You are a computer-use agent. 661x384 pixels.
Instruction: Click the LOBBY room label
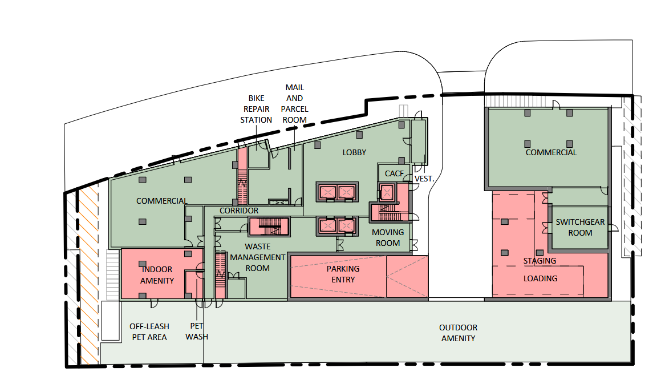tap(354, 152)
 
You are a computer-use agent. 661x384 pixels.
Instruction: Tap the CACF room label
tap(394, 173)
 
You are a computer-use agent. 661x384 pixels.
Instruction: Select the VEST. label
tap(424, 179)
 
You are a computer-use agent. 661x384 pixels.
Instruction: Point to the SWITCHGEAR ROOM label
tap(580, 227)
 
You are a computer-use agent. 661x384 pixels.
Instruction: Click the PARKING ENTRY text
tap(343, 274)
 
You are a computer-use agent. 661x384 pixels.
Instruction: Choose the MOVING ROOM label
tap(388, 237)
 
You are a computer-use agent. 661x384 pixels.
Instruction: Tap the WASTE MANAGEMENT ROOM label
tap(258, 257)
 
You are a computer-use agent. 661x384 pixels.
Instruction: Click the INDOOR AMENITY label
tap(157, 274)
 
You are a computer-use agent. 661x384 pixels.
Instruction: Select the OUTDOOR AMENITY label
tap(458, 333)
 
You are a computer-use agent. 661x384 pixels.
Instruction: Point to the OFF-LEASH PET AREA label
tap(149, 332)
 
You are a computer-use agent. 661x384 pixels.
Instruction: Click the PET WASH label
tap(197, 332)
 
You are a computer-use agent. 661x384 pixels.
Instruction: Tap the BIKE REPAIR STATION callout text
tap(256, 109)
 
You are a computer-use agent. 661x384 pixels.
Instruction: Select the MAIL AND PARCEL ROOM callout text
tap(295, 103)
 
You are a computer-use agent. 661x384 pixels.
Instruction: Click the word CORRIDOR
tap(239, 211)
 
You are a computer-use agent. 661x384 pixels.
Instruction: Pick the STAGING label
tap(540, 261)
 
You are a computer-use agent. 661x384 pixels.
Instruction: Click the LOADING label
tap(541, 278)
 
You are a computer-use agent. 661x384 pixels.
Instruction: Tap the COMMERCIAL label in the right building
tap(551, 152)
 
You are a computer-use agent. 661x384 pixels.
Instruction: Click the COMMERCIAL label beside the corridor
tap(162, 201)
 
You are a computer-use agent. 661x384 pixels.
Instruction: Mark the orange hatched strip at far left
tap(89, 275)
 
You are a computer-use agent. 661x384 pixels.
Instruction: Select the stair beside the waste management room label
tap(221, 276)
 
